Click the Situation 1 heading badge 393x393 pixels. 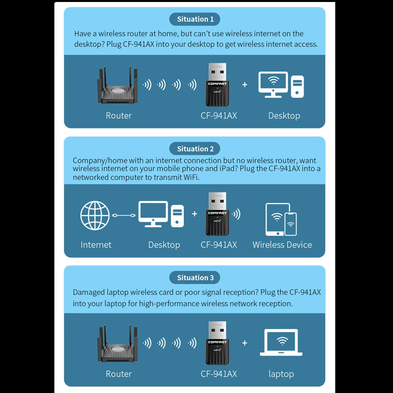tap(195, 19)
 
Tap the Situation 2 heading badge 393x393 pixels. tap(195, 149)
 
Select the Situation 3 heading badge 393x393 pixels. tap(195, 278)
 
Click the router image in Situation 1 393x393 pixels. tap(118, 86)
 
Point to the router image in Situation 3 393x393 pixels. tap(118, 344)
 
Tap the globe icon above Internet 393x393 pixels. tap(95, 215)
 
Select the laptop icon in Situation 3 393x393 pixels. tap(281, 343)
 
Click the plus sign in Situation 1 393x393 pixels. tap(245, 85)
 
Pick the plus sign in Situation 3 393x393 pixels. tap(245, 343)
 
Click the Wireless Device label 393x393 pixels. tap(282, 245)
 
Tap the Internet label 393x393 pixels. tap(96, 245)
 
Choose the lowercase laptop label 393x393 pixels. tap(281, 374)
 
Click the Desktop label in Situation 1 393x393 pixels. tap(284, 116)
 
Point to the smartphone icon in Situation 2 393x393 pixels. tap(290, 224)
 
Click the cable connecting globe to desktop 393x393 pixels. tap(124, 215)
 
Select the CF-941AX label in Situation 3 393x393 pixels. tap(218, 374)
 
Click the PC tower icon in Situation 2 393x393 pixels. tap(178, 216)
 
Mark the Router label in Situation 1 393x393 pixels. tap(119, 116)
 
